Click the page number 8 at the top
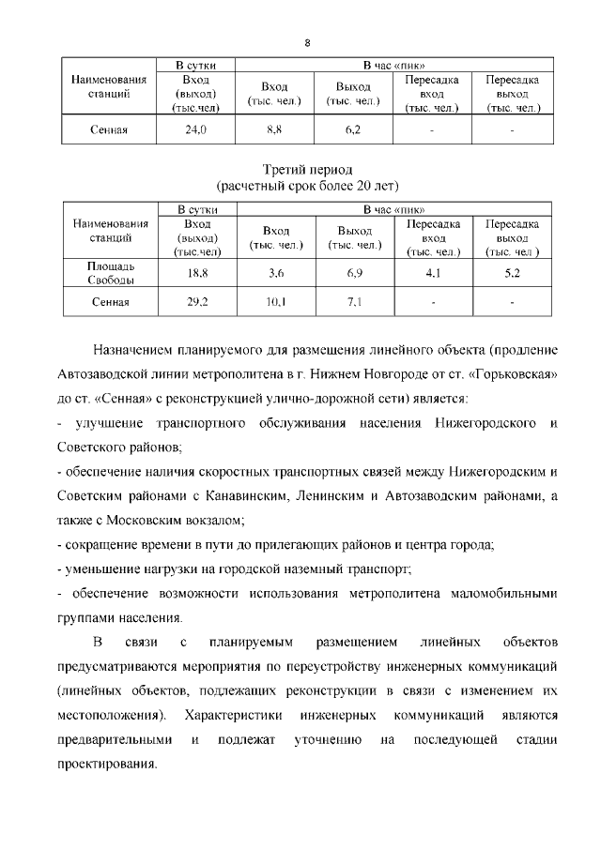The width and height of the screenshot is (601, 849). [307, 42]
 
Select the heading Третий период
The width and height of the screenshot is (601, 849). [307, 170]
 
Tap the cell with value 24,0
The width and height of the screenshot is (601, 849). [196, 129]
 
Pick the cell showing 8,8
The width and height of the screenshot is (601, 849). [275, 129]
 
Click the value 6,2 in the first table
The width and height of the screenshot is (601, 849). [353, 129]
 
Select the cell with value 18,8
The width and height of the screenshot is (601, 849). [196, 273]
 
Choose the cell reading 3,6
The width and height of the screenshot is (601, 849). [275, 273]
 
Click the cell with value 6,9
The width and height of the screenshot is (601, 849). [353, 273]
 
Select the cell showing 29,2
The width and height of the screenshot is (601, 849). [196, 302]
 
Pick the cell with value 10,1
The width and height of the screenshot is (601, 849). [275, 302]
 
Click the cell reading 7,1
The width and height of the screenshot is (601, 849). [353, 302]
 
